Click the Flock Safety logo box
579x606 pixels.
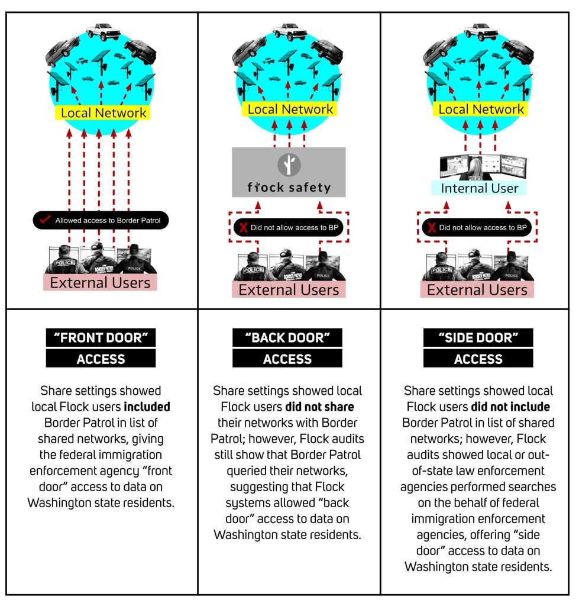pos(289,172)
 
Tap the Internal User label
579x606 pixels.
pos(479,188)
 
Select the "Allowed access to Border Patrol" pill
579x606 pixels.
pos(101,220)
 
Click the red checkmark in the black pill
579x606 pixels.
pos(45,220)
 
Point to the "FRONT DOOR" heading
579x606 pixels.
pos(101,337)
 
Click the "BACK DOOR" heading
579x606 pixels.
pos(287,337)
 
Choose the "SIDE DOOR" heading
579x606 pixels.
pos(478,337)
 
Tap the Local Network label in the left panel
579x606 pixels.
pos(102,112)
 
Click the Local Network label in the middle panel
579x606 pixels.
pos(290,109)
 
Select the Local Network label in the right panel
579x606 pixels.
pos(480,109)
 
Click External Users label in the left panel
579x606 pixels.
pos(100,282)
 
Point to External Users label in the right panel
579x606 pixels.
pos(477,289)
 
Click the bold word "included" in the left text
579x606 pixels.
pos(147,407)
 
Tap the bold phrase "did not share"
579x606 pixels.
pos(319,407)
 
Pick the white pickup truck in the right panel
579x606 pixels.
pos(481,31)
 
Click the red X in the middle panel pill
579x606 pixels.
pos(243,227)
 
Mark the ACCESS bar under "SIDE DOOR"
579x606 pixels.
pos(478,358)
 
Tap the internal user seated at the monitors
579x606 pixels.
pos(476,169)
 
